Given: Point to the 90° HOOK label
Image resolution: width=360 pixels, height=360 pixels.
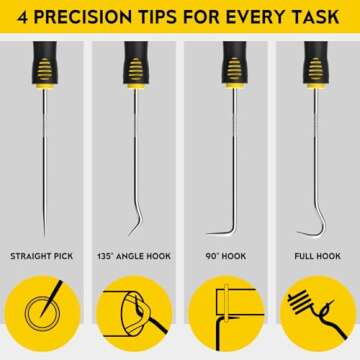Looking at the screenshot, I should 224,256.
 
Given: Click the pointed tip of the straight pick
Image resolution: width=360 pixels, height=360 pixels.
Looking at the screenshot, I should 45,233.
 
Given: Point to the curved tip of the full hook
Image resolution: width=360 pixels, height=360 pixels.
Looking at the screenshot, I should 303,231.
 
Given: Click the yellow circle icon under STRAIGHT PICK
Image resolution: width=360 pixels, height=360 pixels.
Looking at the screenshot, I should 45,317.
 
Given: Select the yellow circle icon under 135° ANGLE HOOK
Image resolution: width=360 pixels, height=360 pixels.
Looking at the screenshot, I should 135,317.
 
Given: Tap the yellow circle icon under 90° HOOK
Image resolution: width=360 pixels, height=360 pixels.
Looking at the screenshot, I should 225,317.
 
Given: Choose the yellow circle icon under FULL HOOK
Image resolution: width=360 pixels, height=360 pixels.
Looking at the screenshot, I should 315,317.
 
